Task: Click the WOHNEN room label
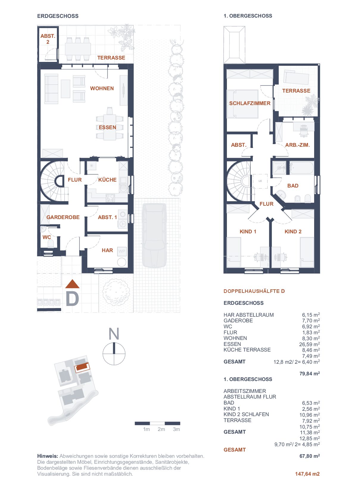(102, 88)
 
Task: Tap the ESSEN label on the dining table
(107, 127)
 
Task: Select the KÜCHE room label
(107, 180)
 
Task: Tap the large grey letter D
(72, 299)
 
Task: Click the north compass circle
(114, 354)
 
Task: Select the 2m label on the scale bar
(161, 429)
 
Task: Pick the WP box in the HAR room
(121, 251)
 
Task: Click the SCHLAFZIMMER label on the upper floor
(250, 103)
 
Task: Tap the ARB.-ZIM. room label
(297, 145)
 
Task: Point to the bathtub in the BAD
(302, 168)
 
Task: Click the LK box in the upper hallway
(260, 181)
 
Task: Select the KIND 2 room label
(293, 231)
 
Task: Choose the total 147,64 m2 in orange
(307, 474)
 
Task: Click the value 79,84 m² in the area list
(310, 374)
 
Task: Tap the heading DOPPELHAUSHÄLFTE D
(254, 291)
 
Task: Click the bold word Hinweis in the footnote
(48, 456)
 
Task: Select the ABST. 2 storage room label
(48, 39)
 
